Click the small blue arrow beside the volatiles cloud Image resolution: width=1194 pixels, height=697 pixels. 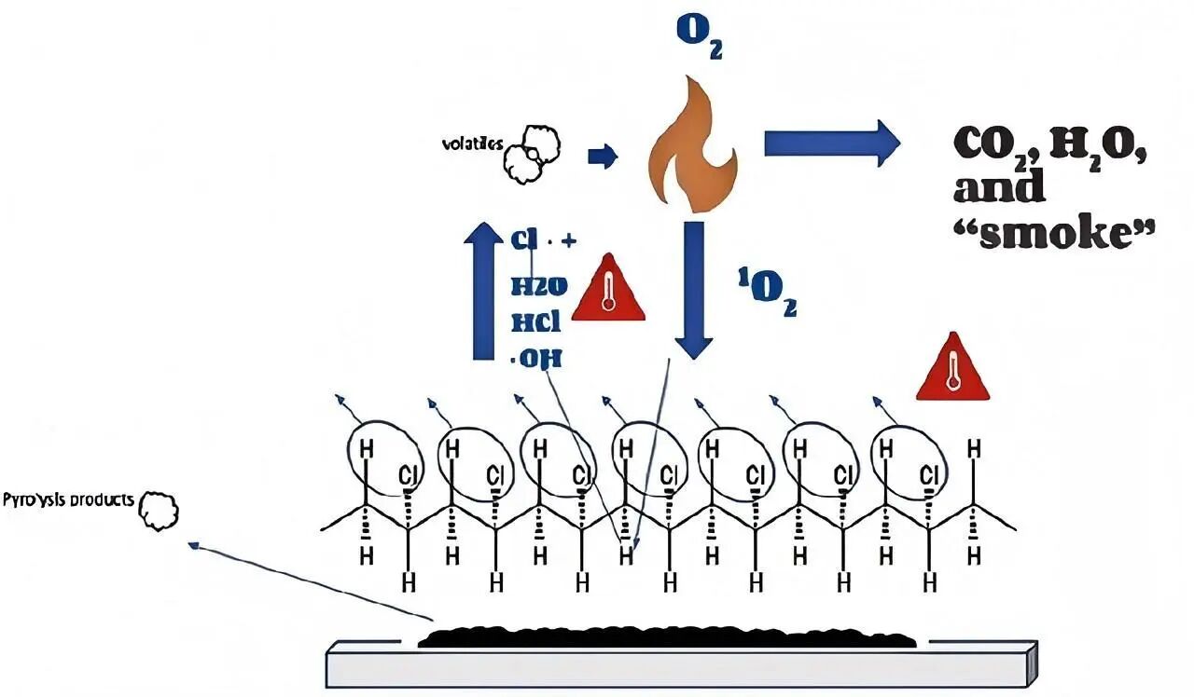pos(604,157)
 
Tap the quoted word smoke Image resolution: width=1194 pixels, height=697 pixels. pos(1054,232)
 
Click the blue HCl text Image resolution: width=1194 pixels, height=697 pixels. pos(536,321)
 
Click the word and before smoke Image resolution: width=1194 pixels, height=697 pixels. pos(999,188)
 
